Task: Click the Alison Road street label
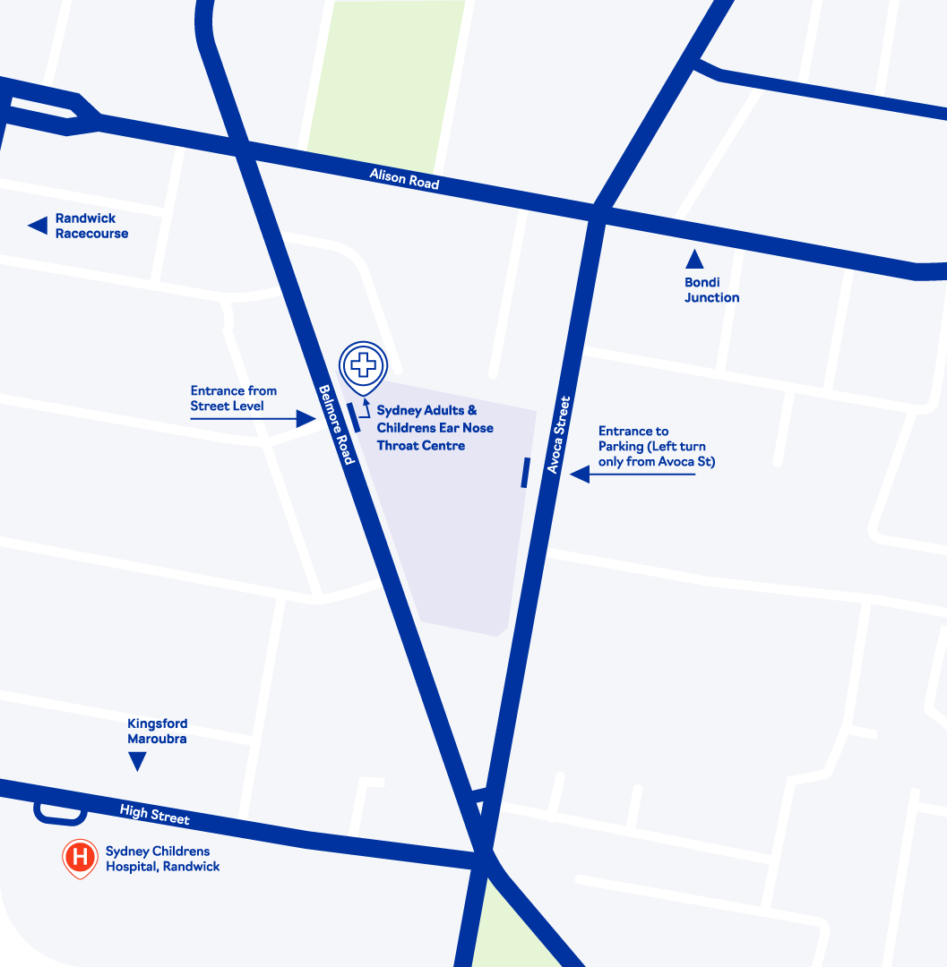click(405, 178)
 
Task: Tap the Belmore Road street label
click(338, 424)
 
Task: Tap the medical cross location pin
click(364, 367)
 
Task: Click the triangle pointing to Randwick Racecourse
click(38, 226)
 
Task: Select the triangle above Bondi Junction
click(694, 260)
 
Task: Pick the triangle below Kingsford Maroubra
click(138, 761)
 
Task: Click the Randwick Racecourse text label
click(91, 226)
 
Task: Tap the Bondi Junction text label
click(711, 290)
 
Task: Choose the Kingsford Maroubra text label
click(158, 732)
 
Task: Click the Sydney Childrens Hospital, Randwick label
click(162, 859)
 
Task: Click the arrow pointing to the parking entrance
click(632, 475)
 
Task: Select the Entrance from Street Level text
click(233, 398)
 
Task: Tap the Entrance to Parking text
click(656, 447)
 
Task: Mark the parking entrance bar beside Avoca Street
click(526, 473)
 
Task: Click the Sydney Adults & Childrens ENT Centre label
click(435, 427)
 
